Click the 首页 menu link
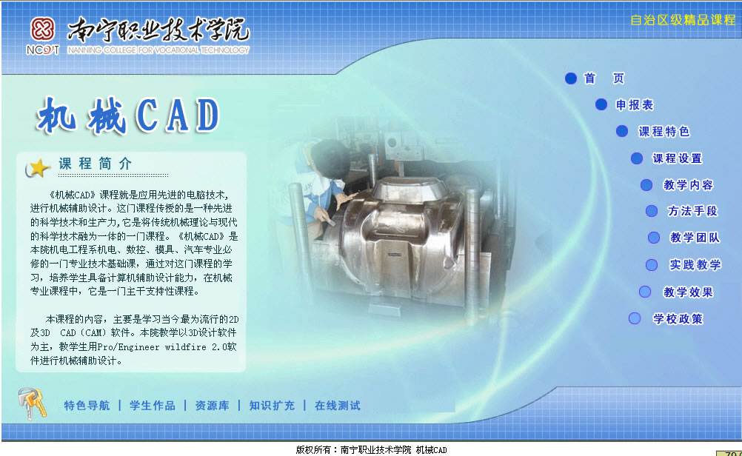pyautogui.click(x=604, y=78)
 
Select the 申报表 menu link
pyautogui.click(x=635, y=104)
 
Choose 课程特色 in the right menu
pyautogui.click(x=664, y=131)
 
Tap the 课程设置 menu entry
pyautogui.click(x=678, y=158)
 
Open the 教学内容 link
pyautogui.click(x=688, y=184)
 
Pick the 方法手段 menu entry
pyautogui.click(x=693, y=210)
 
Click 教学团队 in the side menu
pyautogui.click(x=695, y=237)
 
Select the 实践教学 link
pyautogui.click(x=695, y=264)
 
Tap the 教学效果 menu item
pyautogui.click(x=688, y=292)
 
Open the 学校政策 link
pyautogui.click(x=678, y=319)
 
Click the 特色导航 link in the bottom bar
pyautogui.click(x=87, y=406)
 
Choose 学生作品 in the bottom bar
pyautogui.click(x=153, y=406)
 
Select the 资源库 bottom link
pyautogui.click(x=212, y=406)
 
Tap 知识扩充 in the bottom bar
pyautogui.click(x=272, y=406)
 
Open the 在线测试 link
pyautogui.click(x=338, y=406)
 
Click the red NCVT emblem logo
pyautogui.click(x=43, y=30)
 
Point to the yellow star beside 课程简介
pyautogui.click(x=38, y=168)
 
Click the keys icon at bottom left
pyautogui.click(x=32, y=403)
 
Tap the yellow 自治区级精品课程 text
pyautogui.click(x=683, y=20)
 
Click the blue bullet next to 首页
pyautogui.click(x=571, y=78)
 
